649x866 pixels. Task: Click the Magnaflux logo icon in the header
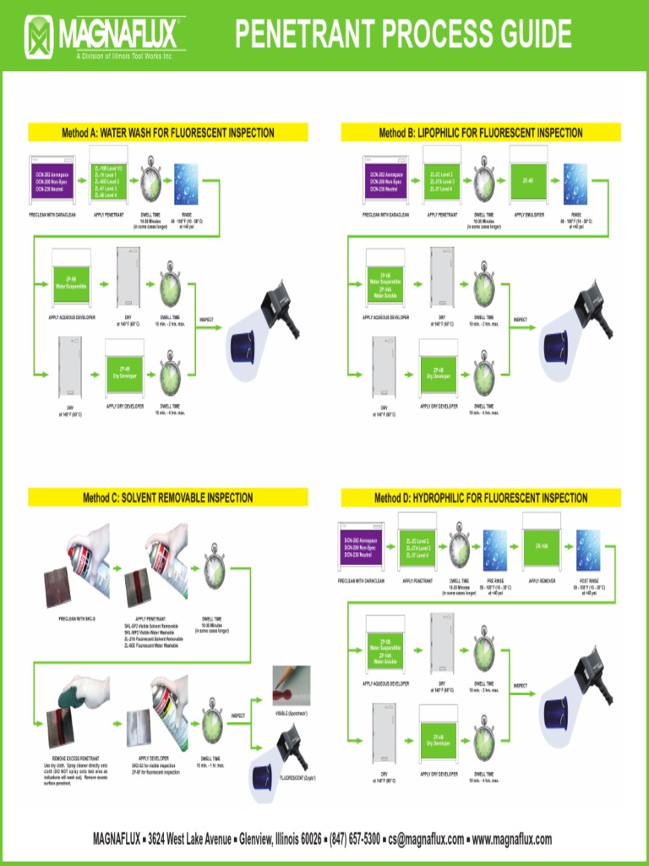(x=40, y=36)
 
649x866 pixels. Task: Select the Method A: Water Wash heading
(x=167, y=133)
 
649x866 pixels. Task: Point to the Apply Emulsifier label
(x=527, y=215)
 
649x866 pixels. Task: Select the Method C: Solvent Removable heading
(x=167, y=497)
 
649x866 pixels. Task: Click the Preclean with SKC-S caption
(x=77, y=619)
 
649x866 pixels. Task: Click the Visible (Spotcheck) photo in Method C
(x=291, y=686)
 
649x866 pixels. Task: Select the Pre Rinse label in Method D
(x=494, y=581)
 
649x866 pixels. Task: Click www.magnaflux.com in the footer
(x=511, y=840)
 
